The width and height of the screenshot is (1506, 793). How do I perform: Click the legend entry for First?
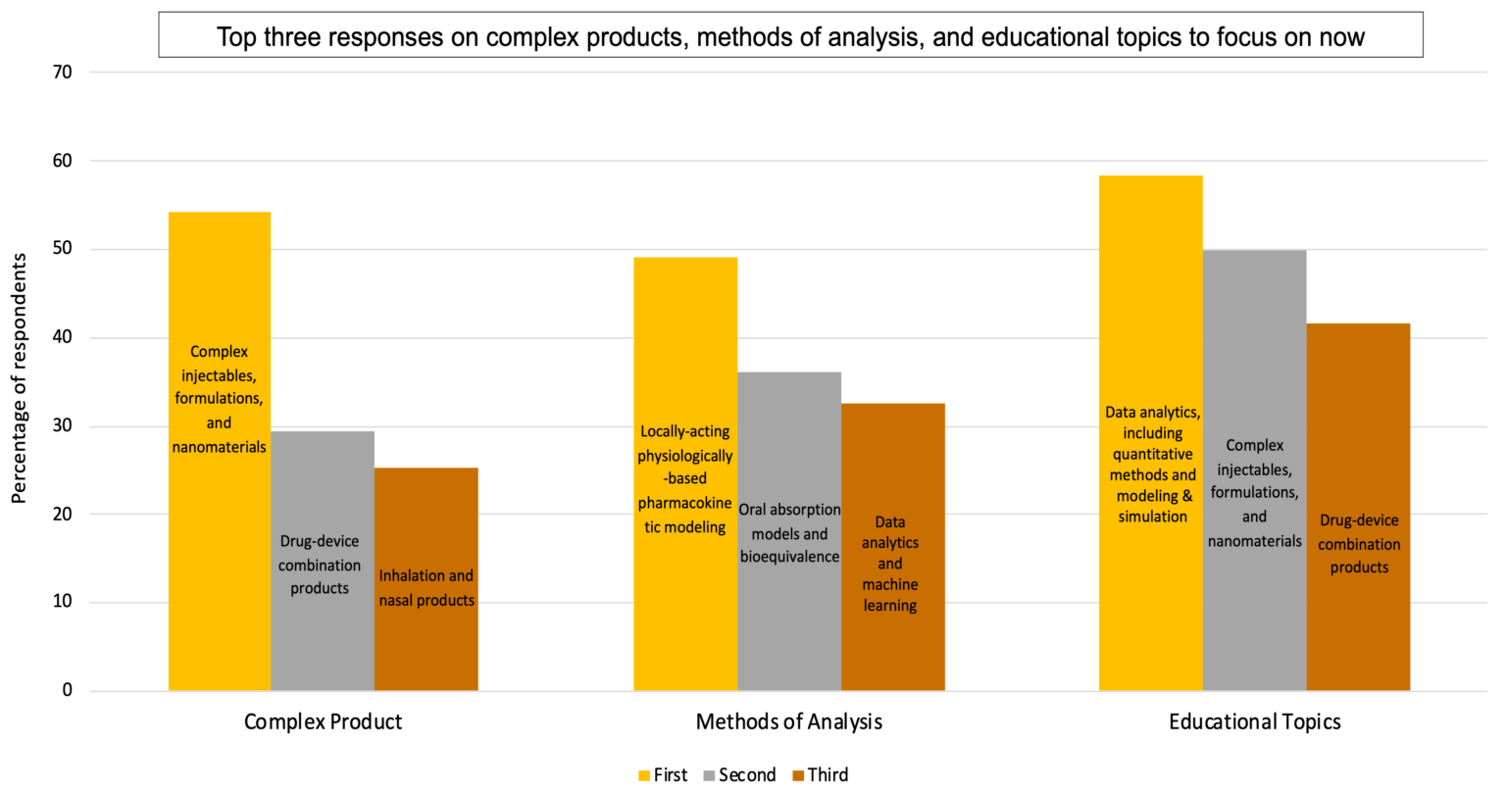click(x=663, y=775)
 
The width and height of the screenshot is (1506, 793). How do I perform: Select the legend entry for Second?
click(x=739, y=775)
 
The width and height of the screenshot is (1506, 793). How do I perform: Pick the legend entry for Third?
click(x=821, y=775)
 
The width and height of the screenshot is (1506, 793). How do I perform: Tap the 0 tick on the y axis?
click(x=68, y=690)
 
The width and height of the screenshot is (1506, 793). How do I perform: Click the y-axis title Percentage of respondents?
click(x=19, y=377)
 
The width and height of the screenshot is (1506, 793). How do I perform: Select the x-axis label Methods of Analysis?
click(x=789, y=722)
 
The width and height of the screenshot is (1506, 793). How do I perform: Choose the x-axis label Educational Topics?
click(x=1255, y=722)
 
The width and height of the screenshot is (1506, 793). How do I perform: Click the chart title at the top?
click(x=790, y=36)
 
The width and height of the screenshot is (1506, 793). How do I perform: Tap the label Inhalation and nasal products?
click(x=427, y=588)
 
